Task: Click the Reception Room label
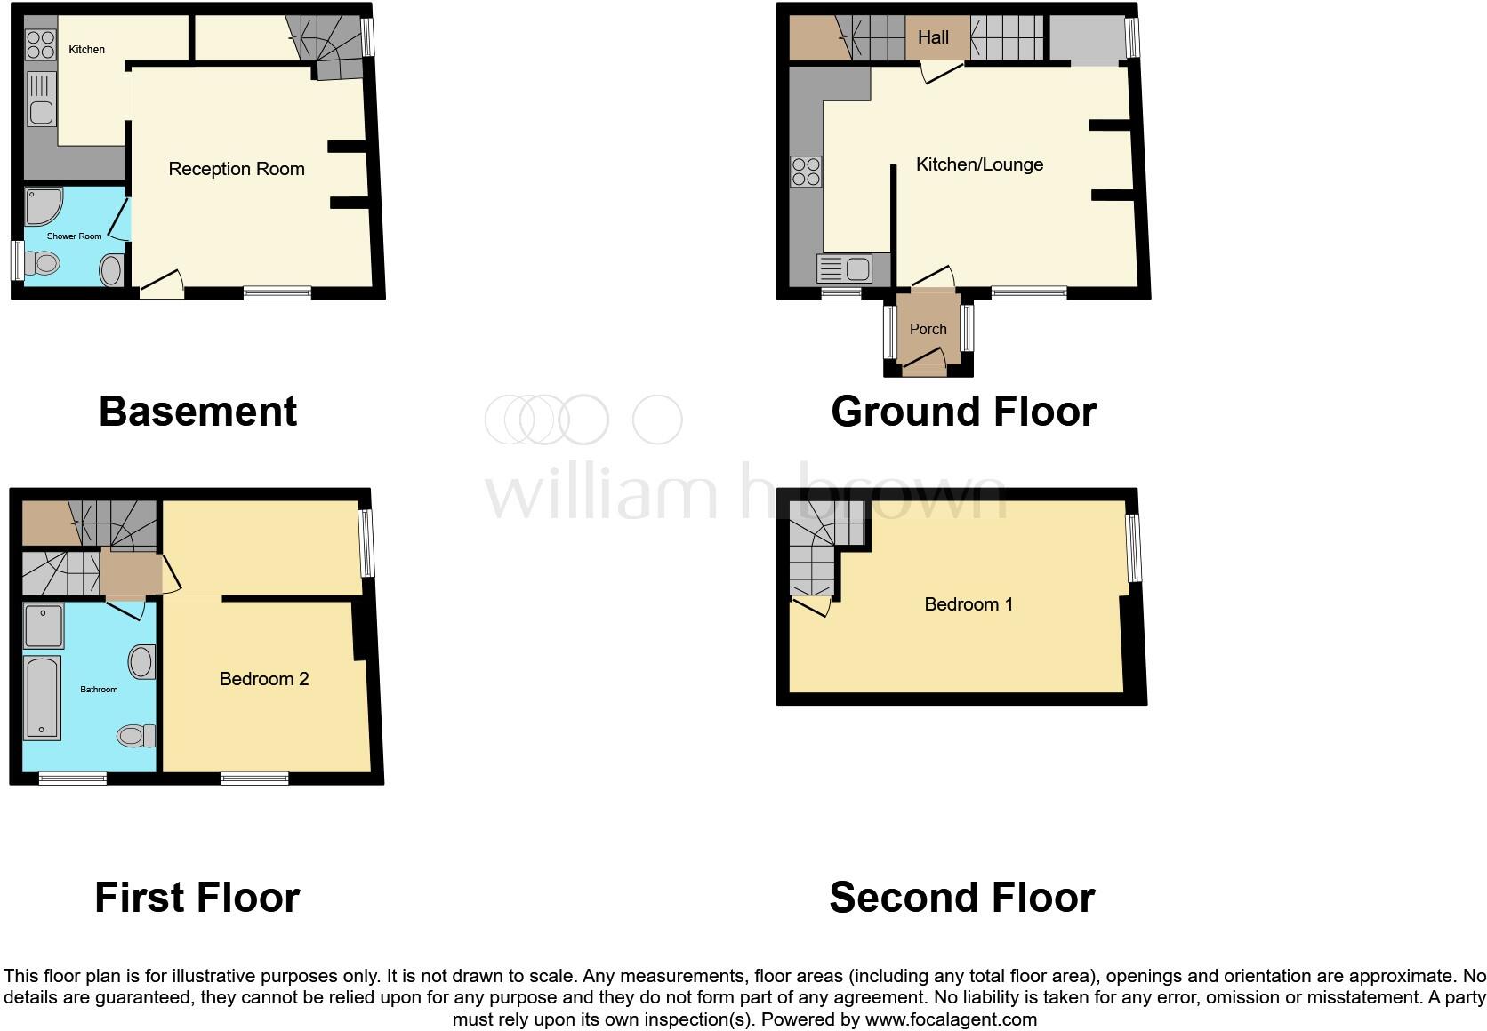tap(237, 169)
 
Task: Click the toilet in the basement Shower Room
tap(43, 263)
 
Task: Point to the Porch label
tap(928, 329)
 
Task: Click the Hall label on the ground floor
tap(933, 37)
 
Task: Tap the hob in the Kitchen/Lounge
tap(806, 172)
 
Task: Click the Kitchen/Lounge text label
tap(979, 164)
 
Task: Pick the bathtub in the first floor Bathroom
tap(43, 699)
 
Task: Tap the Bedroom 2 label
tap(264, 679)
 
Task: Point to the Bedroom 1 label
tap(969, 604)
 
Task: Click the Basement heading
tap(197, 412)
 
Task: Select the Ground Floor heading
tap(963, 412)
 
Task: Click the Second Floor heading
tap(961, 898)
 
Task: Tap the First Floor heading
tap(197, 898)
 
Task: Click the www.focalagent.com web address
tap(951, 1019)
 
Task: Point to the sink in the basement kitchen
tap(41, 99)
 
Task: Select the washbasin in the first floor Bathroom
tap(141, 661)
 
